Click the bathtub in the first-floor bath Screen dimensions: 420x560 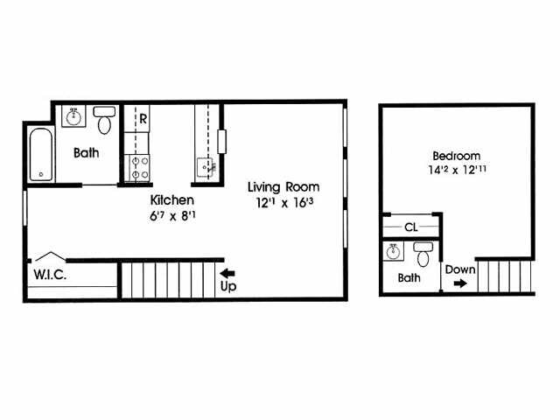pos(40,155)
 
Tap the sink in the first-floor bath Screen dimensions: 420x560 pos(74,115)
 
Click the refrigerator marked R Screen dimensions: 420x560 pos(141,117)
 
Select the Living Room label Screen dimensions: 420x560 pos(283,186)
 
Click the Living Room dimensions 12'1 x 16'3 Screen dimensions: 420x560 pos(283,203)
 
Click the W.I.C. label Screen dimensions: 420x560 pos(52,273)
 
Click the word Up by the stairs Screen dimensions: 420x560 pos(227,286)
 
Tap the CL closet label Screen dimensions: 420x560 pos(409,227)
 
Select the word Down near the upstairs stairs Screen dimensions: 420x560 pos(460,269)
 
